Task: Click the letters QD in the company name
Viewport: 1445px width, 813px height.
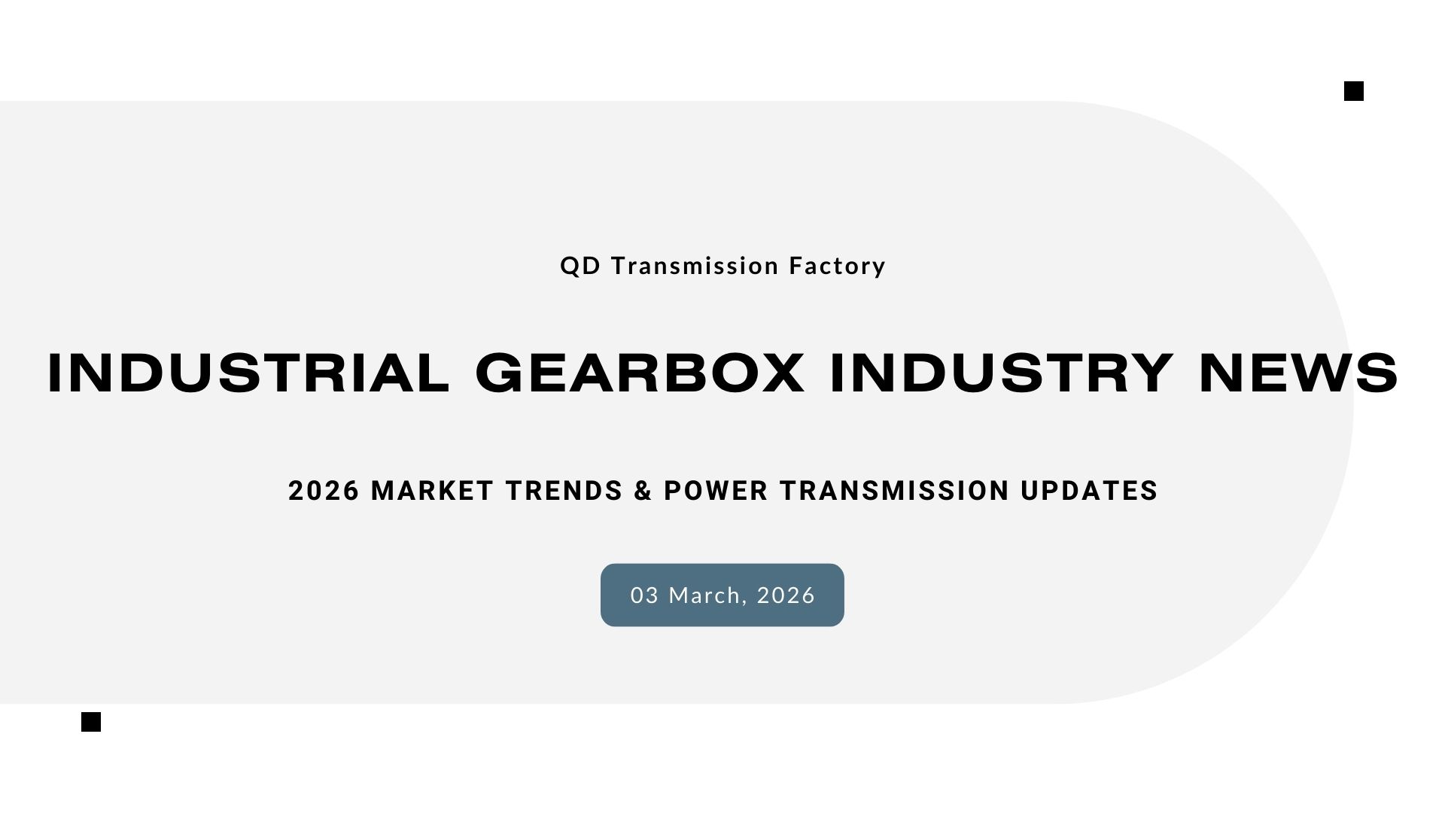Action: click(x=580, y=266)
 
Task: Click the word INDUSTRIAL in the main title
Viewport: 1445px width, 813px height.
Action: click(x=248, y=373)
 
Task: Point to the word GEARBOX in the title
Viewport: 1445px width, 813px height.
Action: click(x=640, y=373)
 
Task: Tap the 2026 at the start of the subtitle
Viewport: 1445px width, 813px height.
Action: click(x=324, y=491)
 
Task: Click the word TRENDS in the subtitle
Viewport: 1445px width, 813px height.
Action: click(x=564, y=491)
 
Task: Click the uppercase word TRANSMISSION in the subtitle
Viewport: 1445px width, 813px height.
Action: click(x=894, y=491)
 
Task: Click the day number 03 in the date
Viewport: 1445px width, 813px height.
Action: click(x=645, y=595)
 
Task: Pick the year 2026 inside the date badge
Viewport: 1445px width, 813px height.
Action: click(x=786, y=595)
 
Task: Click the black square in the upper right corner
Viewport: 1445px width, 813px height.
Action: click(x=1354, y=92)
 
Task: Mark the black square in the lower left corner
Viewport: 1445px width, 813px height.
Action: click(x=91, y=722)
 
